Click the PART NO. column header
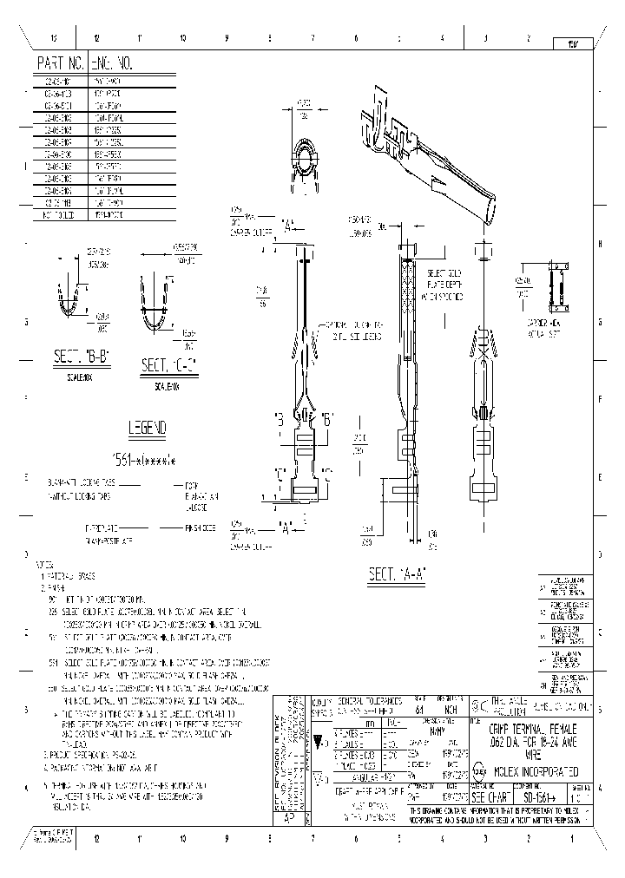coord(60,64)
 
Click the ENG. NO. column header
coord(112,64)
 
